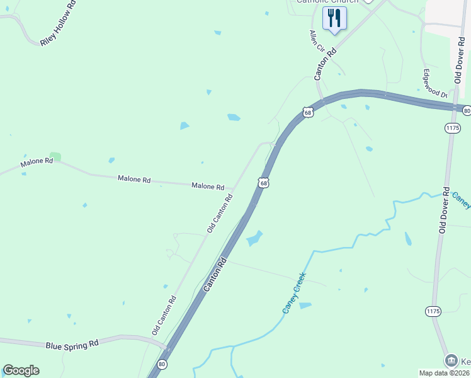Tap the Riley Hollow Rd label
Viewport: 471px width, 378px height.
pos(58,26)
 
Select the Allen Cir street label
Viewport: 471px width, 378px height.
pos(316,42)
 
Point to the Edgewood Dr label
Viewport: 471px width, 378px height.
pos(434,83)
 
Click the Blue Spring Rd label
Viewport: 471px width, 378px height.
pos(72,345)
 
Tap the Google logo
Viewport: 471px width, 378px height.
pos(21,370)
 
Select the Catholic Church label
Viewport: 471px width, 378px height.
pos(327,1)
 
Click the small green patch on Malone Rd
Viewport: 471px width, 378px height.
pos(55,156)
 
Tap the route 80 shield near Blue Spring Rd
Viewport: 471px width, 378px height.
pos(162,364)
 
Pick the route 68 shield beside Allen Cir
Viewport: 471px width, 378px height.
pos(307,112)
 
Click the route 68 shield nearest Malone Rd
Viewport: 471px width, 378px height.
pos(263,183)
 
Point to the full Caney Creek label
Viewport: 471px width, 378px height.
pos(293,293)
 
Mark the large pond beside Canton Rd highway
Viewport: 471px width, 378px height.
pos(254,239)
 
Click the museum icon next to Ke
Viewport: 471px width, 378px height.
pos(451,360)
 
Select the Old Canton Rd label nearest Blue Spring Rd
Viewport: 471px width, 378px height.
pos(164,315)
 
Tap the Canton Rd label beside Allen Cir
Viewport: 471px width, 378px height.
pos(326,63)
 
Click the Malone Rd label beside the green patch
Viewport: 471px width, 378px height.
pos(37,162)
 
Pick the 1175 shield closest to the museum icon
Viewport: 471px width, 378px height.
pos(433,311)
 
